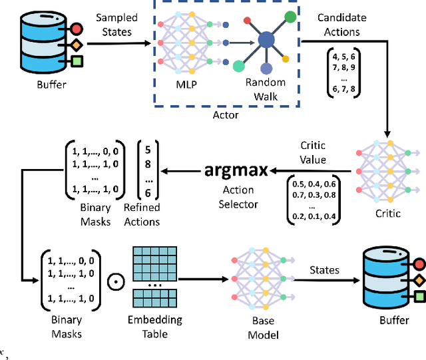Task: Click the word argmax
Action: click(x=237, y=170)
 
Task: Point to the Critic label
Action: click(x=387, y=213)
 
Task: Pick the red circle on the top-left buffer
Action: click(x=77, y=29)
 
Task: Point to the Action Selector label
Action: click(x=238, y=198)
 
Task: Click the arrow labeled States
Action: click(x=323, y=279)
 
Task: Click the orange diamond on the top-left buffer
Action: click(x=77, y=45)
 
